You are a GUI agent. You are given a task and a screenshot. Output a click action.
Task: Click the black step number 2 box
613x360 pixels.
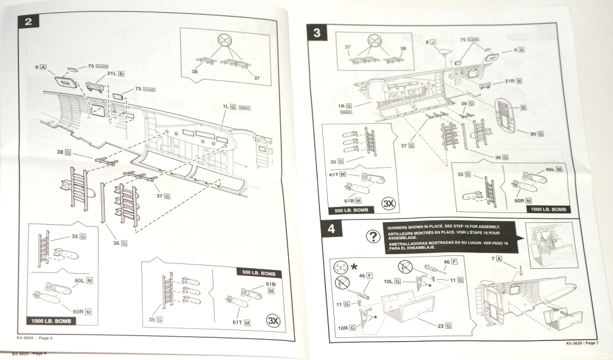pyautogui.click(x=29, y=23)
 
